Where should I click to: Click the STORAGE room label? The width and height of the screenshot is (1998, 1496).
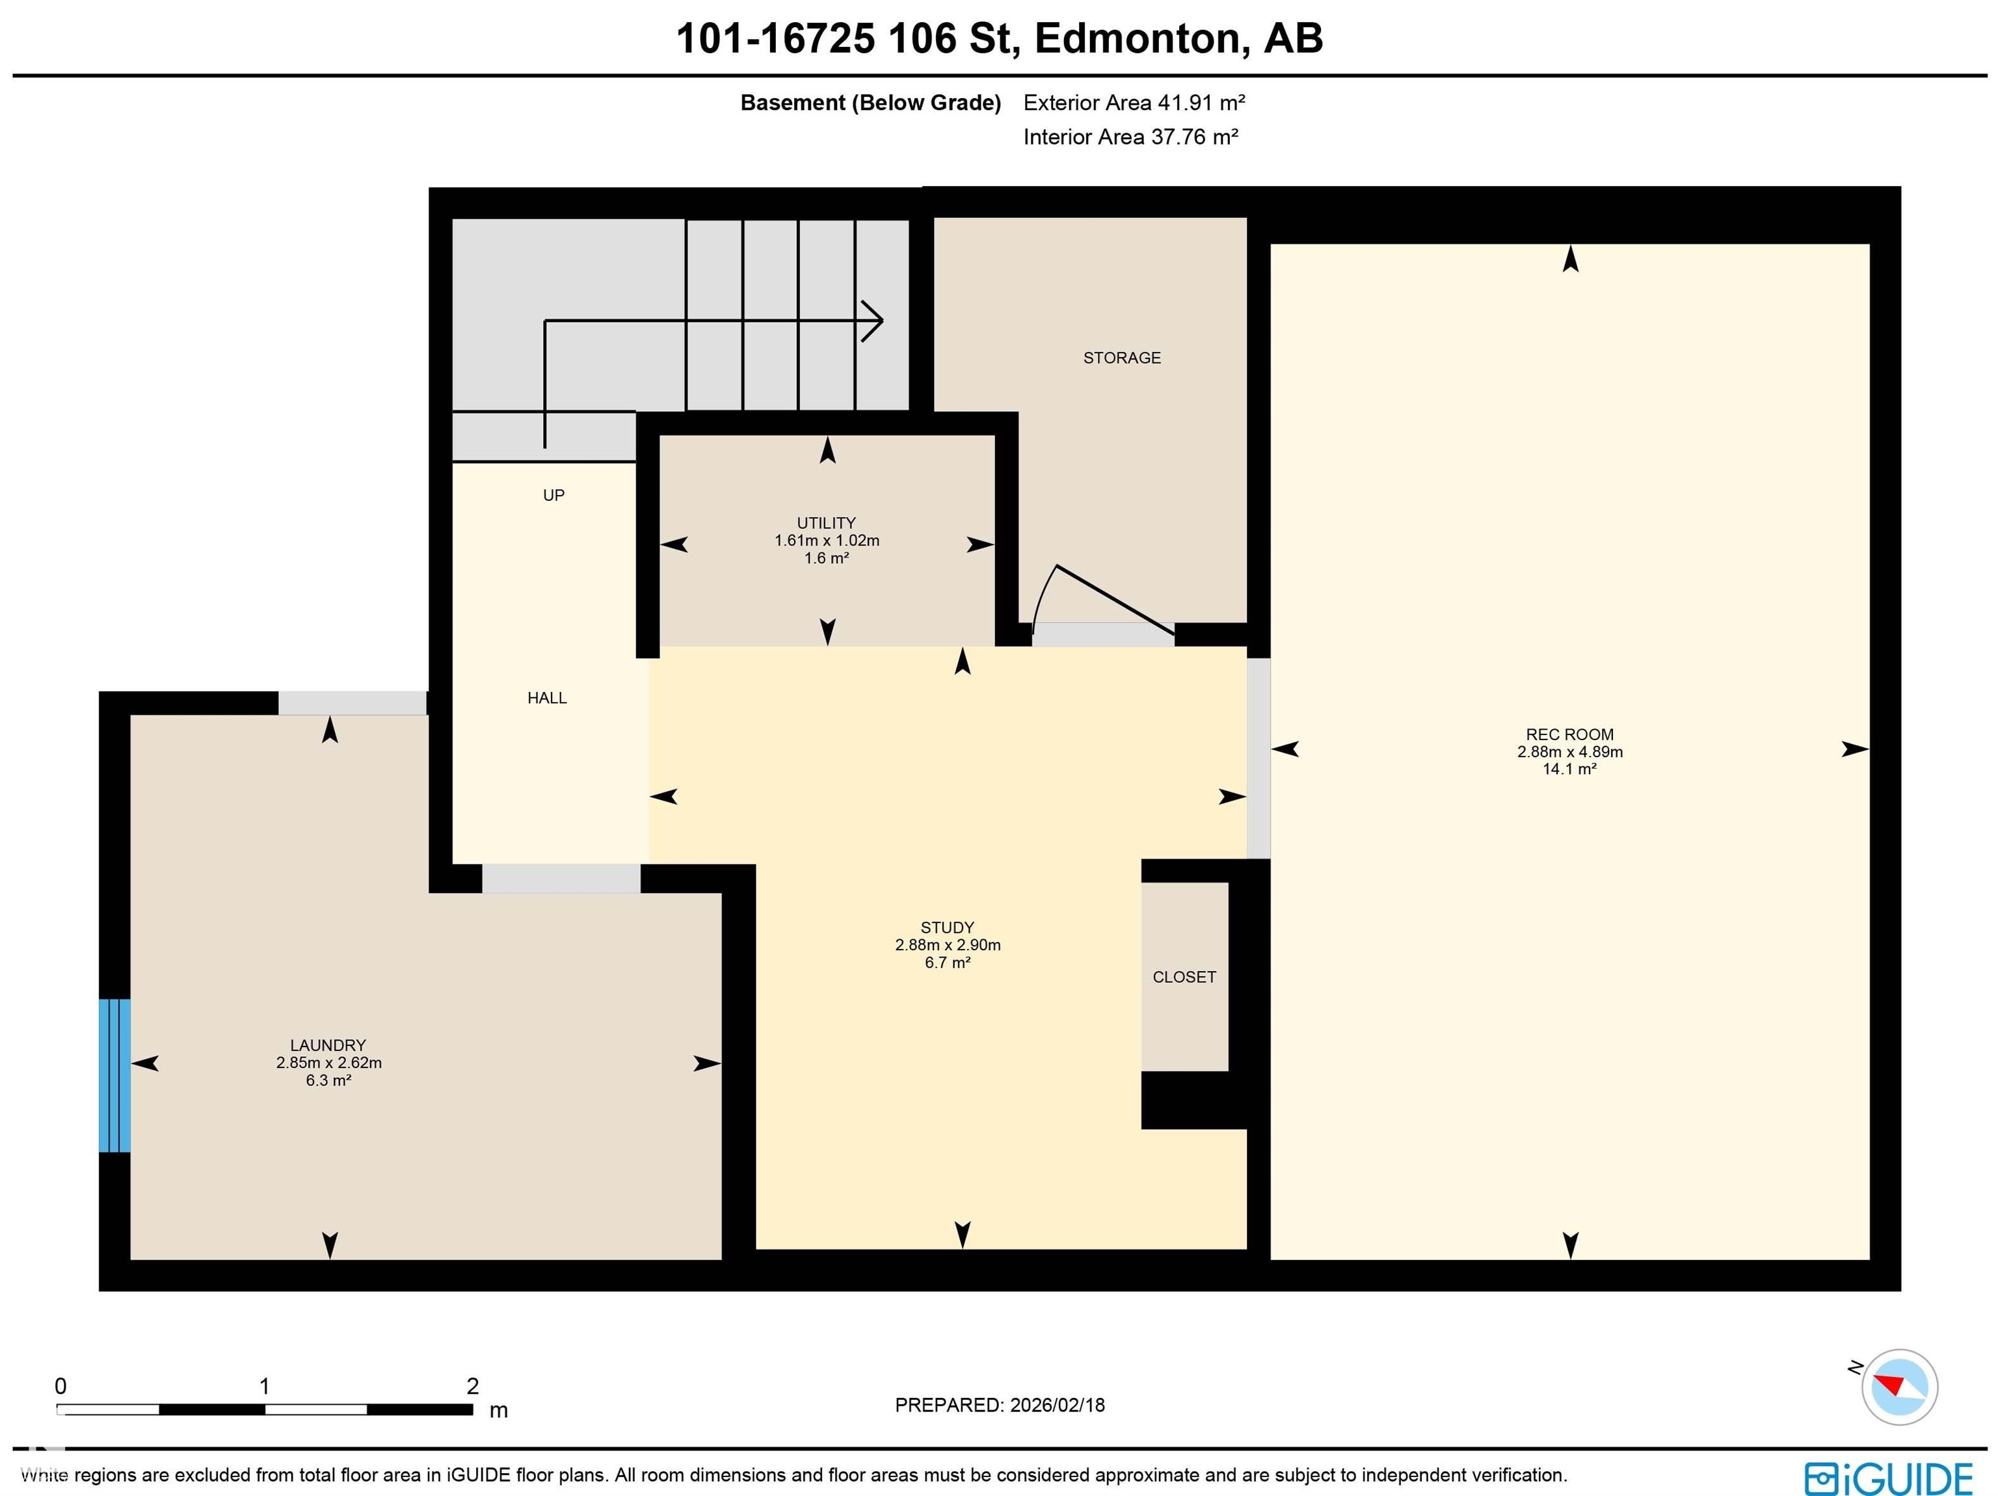1122,358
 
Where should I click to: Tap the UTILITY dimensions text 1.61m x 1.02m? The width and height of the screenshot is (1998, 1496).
827,541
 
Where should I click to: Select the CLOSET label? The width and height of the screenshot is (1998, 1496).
1184,976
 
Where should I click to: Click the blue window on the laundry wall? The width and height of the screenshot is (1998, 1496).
114,1075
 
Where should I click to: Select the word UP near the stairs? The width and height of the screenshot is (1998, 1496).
553,495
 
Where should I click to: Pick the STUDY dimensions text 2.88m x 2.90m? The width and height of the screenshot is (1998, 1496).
948,945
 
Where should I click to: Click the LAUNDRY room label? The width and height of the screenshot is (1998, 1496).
328,1045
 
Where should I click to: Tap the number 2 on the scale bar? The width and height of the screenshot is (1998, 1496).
472,1386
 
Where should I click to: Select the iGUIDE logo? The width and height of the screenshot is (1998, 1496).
1889,1479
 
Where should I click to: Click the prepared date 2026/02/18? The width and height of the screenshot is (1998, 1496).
1057,1405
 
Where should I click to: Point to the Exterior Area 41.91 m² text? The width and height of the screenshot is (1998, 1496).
1134,103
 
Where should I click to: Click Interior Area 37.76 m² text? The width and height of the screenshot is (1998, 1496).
1130,137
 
